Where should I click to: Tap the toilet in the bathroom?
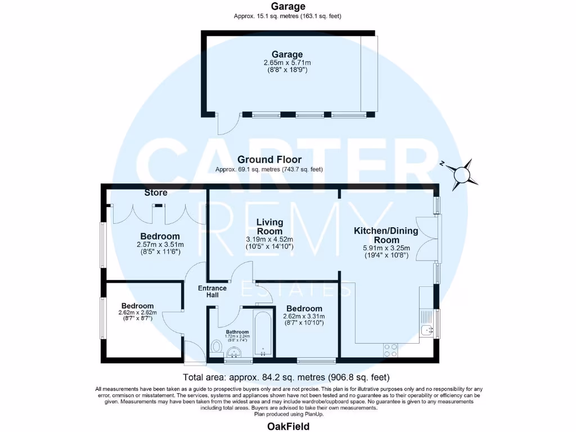215,346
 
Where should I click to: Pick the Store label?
156,192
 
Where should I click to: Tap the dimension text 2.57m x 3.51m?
160,245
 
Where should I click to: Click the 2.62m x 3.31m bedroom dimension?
304,317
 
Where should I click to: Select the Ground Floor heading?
269,159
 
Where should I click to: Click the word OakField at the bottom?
287,426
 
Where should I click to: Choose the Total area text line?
286,377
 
